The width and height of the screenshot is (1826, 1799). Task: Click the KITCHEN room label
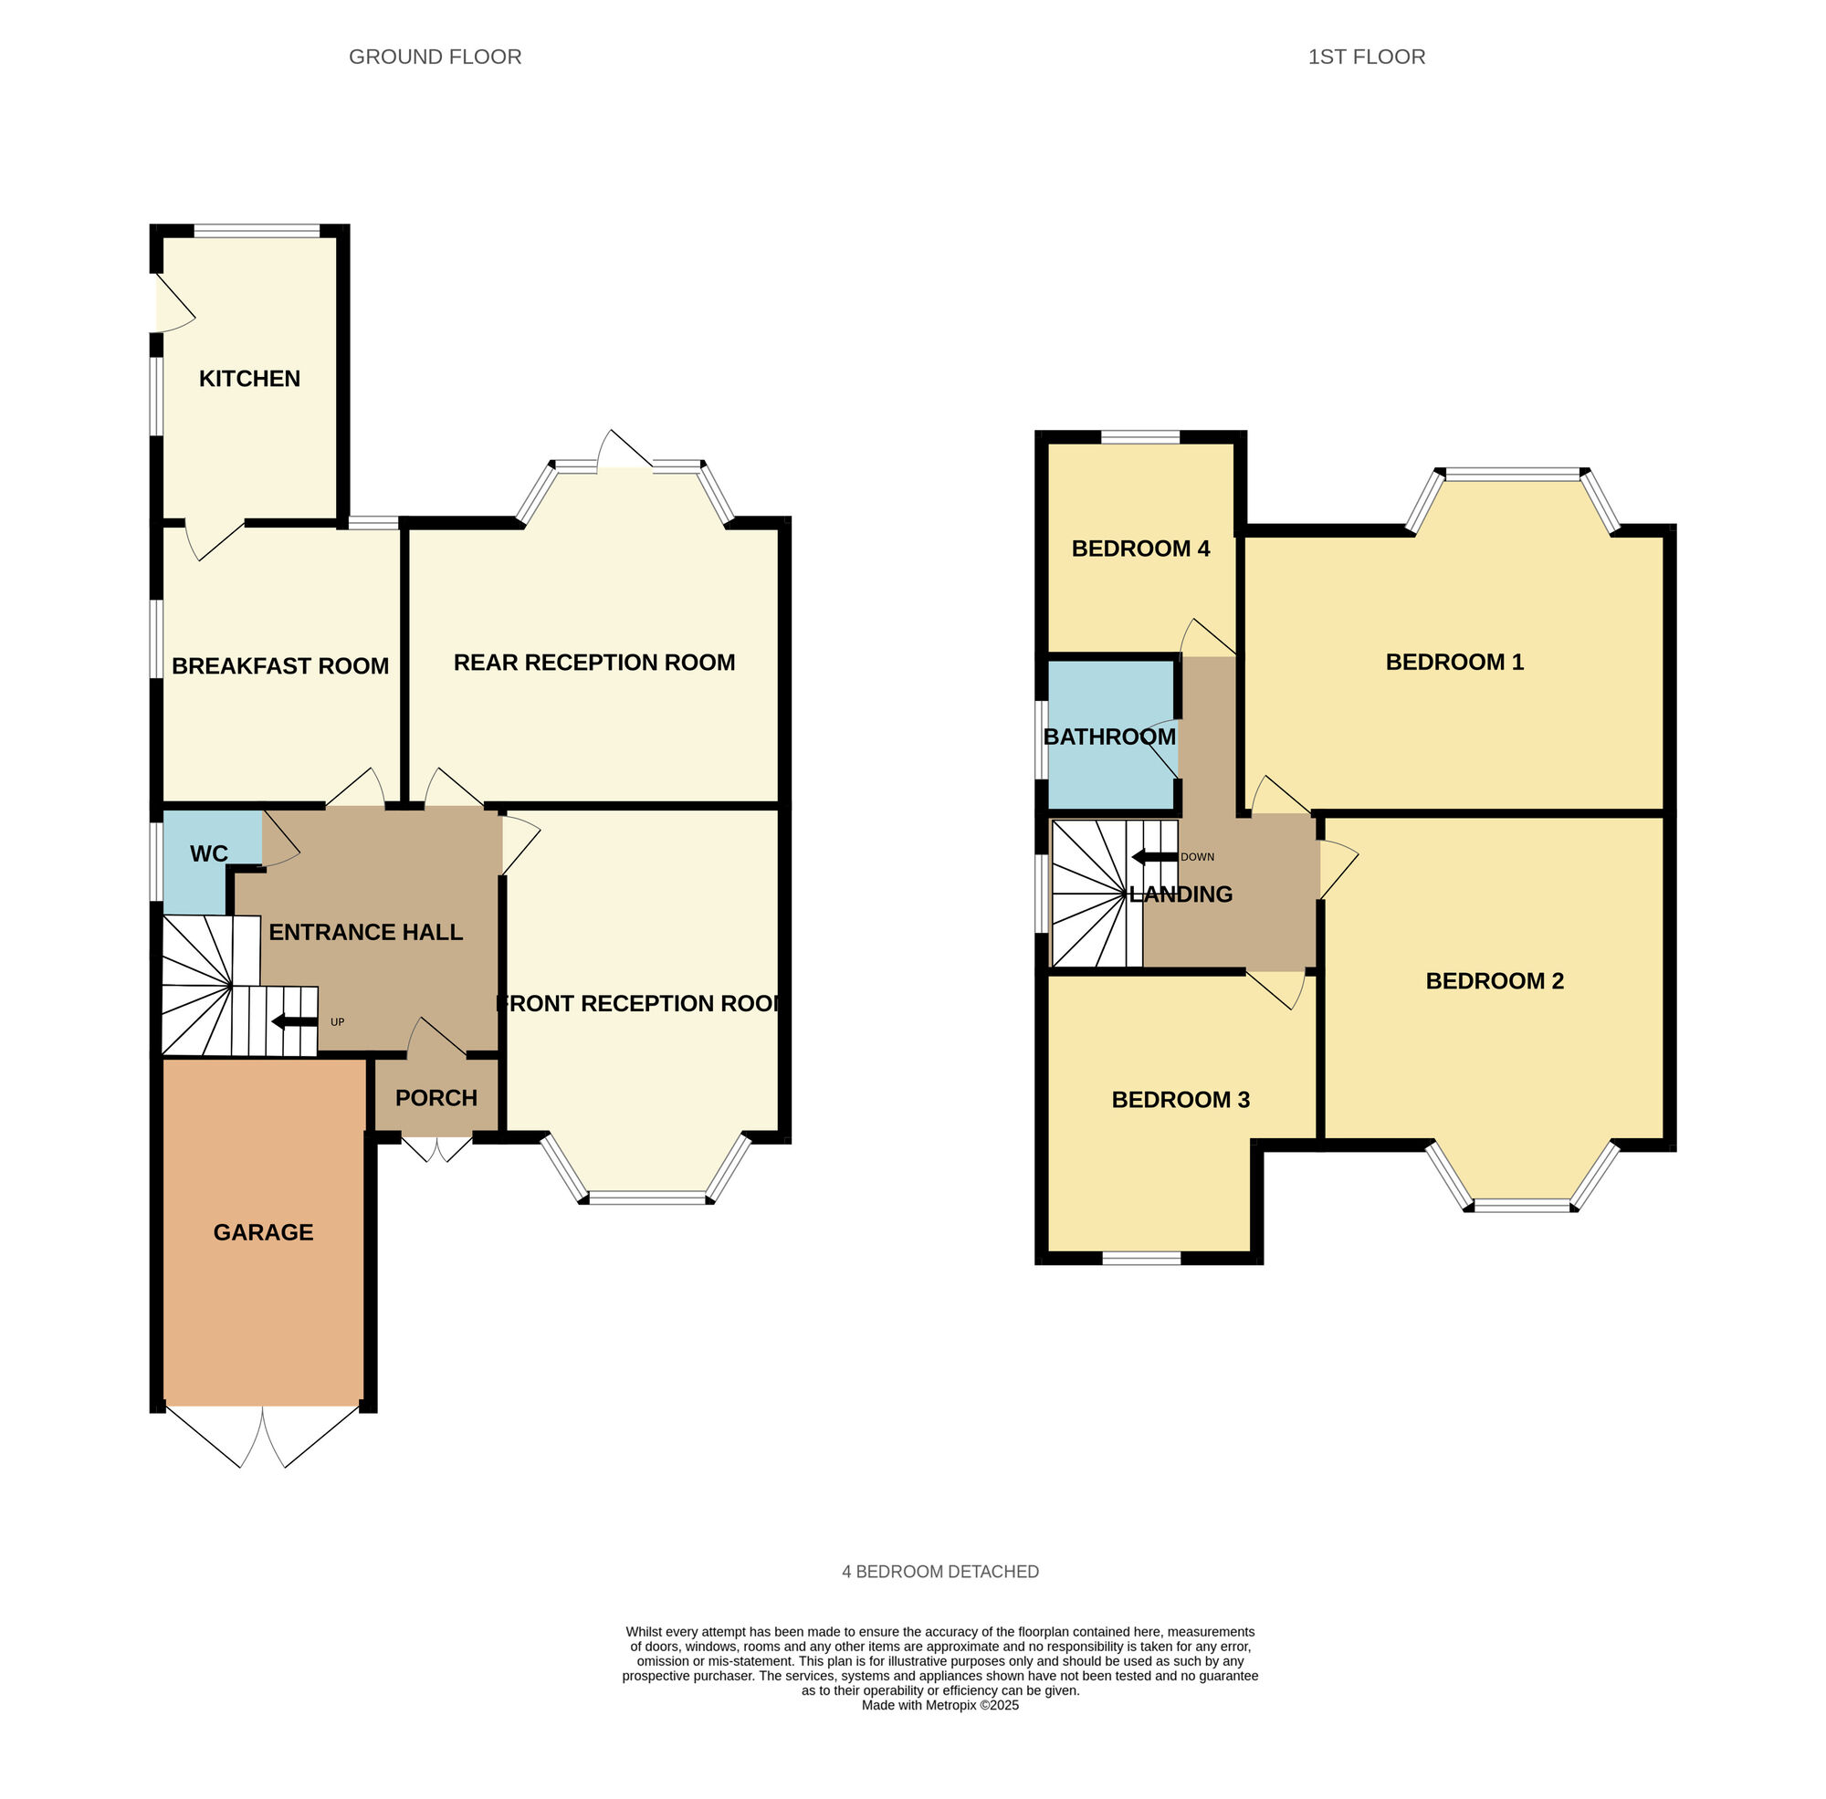249,379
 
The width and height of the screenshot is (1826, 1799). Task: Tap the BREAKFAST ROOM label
280,666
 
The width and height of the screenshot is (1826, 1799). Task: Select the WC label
209,854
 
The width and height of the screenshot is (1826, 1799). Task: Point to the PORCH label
436,1098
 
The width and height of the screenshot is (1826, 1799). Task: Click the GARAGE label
264,1232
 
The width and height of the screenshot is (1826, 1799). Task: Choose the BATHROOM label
1110,737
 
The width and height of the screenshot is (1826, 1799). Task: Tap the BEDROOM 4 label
1140,549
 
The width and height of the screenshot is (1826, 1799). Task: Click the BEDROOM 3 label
1181,1100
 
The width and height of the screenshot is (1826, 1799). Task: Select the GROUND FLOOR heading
436,57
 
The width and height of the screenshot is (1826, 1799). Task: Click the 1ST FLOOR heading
1367,57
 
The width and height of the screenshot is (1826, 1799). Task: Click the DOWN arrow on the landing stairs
1155,857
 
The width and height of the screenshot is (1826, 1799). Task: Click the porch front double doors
436,1148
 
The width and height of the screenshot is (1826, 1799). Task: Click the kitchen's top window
257,230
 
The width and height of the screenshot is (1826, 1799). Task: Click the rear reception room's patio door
624,451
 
